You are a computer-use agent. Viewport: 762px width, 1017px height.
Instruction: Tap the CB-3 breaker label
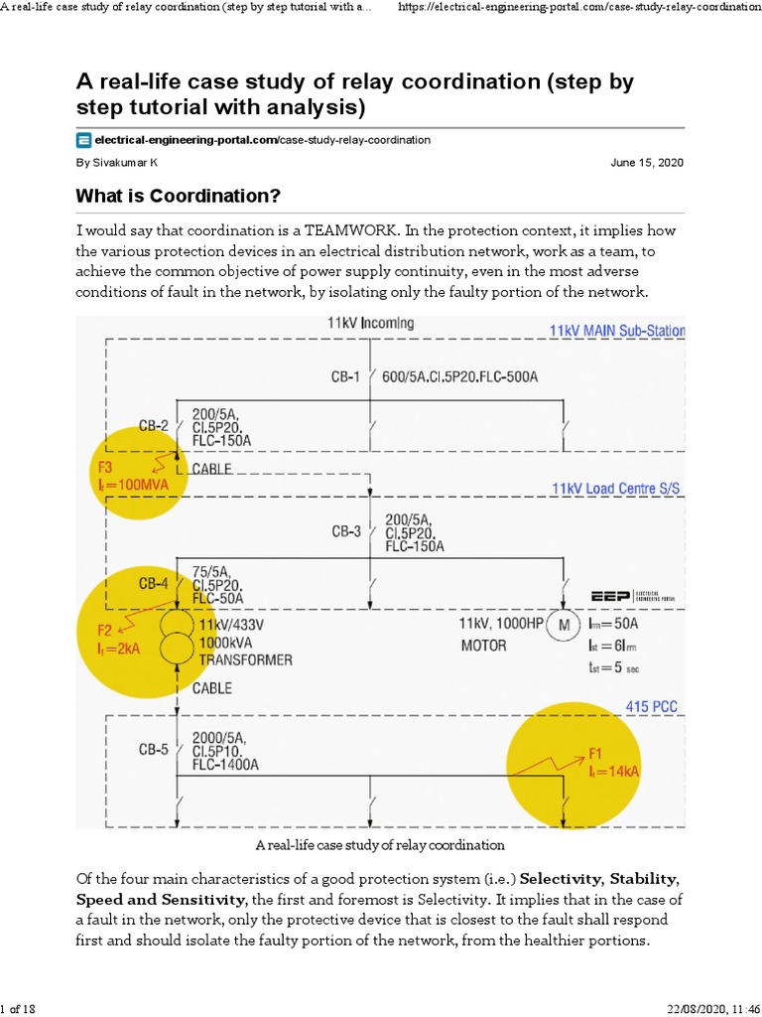click(346, 531)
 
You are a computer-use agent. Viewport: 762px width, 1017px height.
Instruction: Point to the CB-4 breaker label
click(154, 584)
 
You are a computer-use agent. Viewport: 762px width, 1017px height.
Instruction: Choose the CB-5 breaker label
click(154, 750)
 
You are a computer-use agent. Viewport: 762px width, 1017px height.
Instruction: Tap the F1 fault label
click(596, 752)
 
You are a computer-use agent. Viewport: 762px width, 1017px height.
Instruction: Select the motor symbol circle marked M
click(565, 626)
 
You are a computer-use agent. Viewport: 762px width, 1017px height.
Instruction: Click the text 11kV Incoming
click(370, 323)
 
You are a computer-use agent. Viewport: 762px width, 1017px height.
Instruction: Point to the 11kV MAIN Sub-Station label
click(616, 331)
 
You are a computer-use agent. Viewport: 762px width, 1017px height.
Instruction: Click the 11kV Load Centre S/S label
click(617, 489)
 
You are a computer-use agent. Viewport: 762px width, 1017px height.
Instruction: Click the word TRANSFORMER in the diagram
click(246, 659)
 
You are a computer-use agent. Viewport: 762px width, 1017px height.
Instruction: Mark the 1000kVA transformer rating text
click(226, 643)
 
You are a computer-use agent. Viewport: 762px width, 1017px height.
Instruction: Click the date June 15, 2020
click(647, 163)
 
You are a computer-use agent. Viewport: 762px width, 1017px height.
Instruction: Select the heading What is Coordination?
click(179, 195)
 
